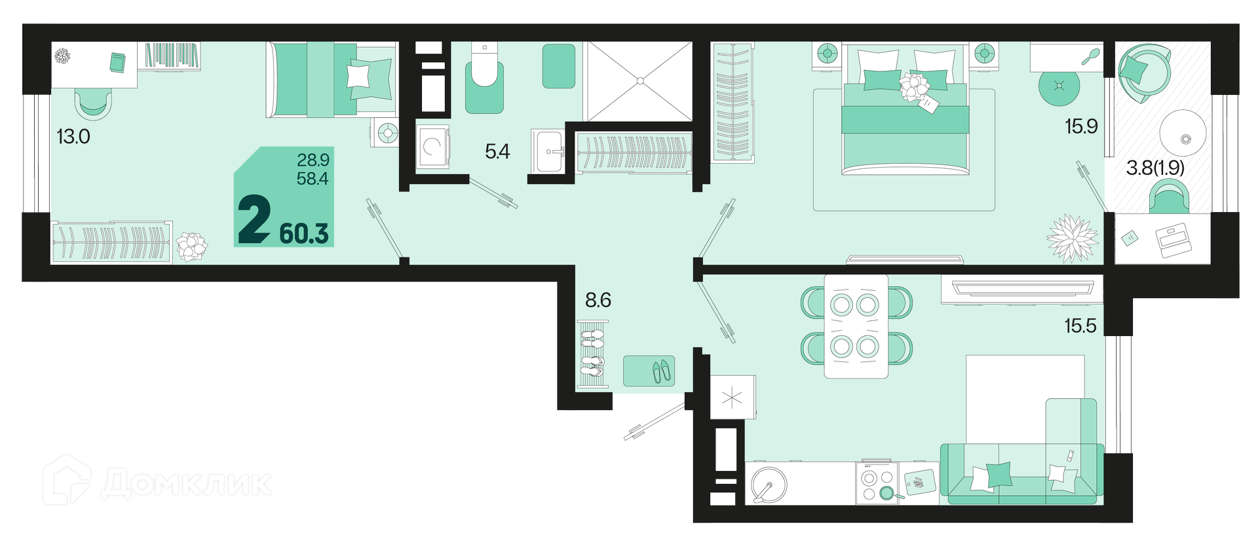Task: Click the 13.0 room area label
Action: (x=73, y=137)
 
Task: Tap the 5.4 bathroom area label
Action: (x=497, y=152)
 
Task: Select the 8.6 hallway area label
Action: (x=598, y=300)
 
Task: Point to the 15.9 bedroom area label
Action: (x=1081, y=126)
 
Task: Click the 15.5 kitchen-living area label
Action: (x=1080, y=325)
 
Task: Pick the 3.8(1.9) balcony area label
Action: (x=1155, y=168)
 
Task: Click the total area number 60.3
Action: (x=304, y=234)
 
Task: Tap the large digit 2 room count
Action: (x=254, y=221)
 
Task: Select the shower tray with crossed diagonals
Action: (x=639, y=81)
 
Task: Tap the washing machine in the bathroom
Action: (x=432, y=147)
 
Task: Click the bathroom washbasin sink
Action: (x=548, y=151)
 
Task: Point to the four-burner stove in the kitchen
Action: (x=877, y=483)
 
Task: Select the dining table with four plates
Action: (x=856, y=326)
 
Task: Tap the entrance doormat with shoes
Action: (x=649, y=371)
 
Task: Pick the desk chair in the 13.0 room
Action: (x=92, y=103)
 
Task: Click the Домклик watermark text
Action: (x=187, y=484)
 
